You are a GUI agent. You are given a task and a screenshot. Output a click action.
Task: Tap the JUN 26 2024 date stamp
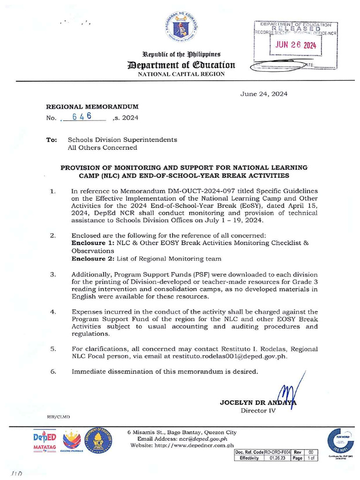pos(295,46)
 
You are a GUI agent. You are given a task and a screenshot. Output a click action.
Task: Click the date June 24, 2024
pos(264,94)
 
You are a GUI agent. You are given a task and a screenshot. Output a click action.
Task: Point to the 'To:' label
pos(52,140)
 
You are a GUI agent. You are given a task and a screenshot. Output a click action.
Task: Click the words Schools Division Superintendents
pos(122,140)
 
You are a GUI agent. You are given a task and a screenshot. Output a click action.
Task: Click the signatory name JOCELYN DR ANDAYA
pos(257,403)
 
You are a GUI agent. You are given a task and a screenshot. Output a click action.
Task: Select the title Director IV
pos(258,411)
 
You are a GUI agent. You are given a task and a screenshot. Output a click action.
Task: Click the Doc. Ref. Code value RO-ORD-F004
pos(277,452)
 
